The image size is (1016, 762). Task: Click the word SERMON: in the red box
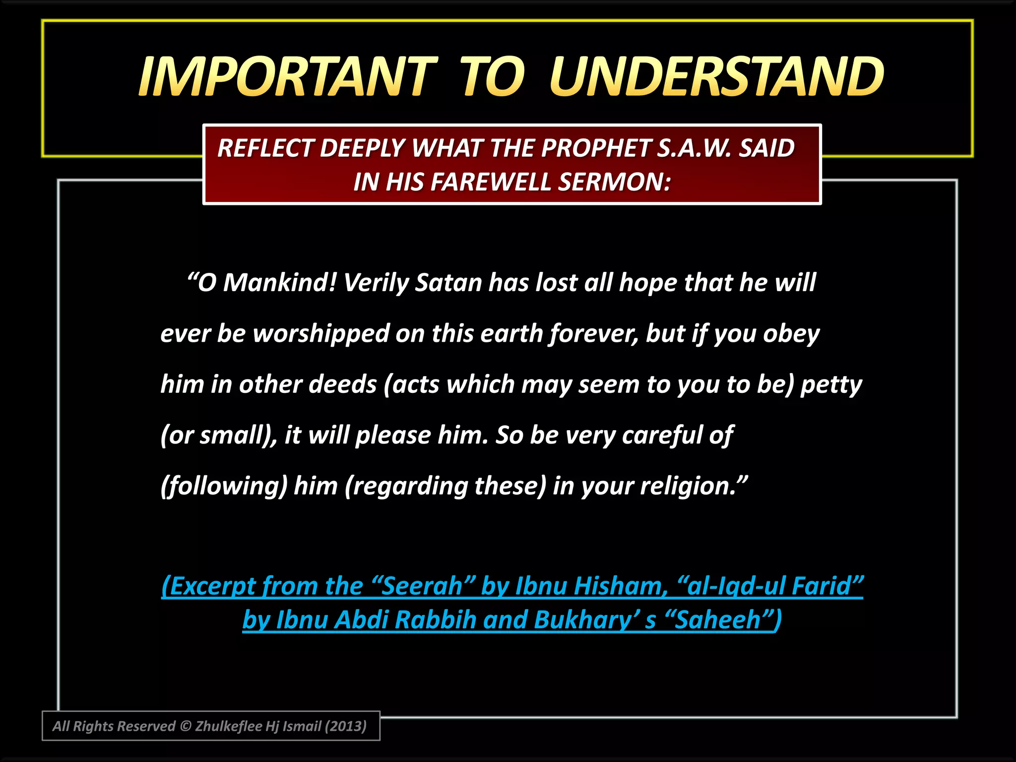[615, 182]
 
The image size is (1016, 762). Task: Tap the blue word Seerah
[422, 586]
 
